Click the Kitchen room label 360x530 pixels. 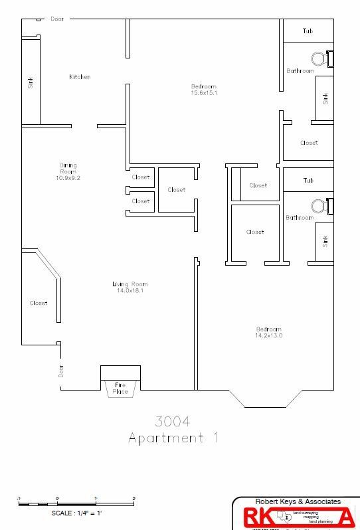[80, 77]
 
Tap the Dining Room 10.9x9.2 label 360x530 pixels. [69, 171]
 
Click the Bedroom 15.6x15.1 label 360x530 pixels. [204, 90]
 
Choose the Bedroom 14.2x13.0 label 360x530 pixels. [269, 332]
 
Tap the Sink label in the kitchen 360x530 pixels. [30, 82]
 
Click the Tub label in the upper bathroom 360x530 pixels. [308, 31]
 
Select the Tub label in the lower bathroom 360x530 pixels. [308, 181]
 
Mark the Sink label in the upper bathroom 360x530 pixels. [325, 98]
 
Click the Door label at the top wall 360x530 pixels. [58, 19]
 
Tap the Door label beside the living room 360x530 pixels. [60, 371]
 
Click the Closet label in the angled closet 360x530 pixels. [39, 303]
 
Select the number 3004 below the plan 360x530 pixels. [172, 421]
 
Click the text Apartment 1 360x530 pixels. [172, 438]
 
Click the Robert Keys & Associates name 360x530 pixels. [298, 501]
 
